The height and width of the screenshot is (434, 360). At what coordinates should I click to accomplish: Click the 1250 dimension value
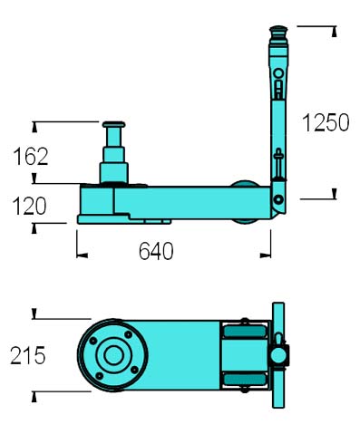[326, 122]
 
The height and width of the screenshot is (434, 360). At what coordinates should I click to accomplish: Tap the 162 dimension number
[31, 157]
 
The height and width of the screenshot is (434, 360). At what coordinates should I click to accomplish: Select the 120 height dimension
[29, 206]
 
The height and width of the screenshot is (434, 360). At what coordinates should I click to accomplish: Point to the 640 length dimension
[156, 251]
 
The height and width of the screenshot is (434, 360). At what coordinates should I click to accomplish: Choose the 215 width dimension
[28, 355]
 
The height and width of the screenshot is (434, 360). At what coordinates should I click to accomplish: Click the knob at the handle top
[278, 31]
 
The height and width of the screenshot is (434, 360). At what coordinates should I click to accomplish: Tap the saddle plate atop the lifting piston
[113, 124]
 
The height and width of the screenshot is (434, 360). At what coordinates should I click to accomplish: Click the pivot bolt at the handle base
[278, 199]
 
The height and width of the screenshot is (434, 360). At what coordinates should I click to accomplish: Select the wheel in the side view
[246, 202]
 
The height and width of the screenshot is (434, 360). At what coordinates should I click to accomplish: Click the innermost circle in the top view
[113, 355]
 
